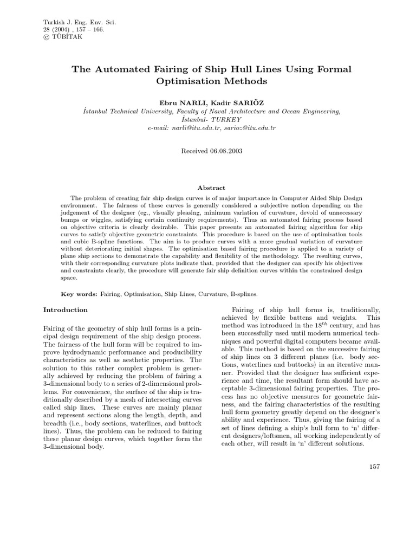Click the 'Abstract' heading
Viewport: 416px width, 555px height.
(211, 188)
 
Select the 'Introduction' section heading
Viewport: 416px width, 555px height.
(65, 310)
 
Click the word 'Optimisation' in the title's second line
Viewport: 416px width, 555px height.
(182, 81)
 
